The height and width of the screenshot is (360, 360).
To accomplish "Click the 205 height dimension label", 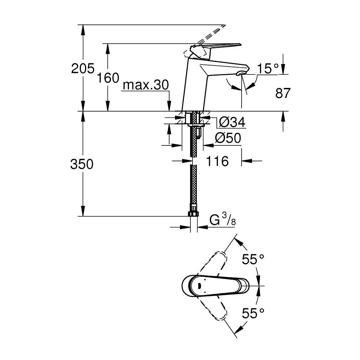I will (82, 68).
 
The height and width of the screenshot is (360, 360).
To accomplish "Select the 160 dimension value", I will (108, 77).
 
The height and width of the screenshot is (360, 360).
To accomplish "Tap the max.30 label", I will (145, 85).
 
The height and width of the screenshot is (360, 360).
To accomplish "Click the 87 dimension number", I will (283, 93).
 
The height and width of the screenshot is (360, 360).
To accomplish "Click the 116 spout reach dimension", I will (217, 161).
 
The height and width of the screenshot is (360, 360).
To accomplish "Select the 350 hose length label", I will (82, 164).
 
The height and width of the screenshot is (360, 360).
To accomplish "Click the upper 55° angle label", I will (253, 260).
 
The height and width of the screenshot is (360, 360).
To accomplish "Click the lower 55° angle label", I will (253, 314).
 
